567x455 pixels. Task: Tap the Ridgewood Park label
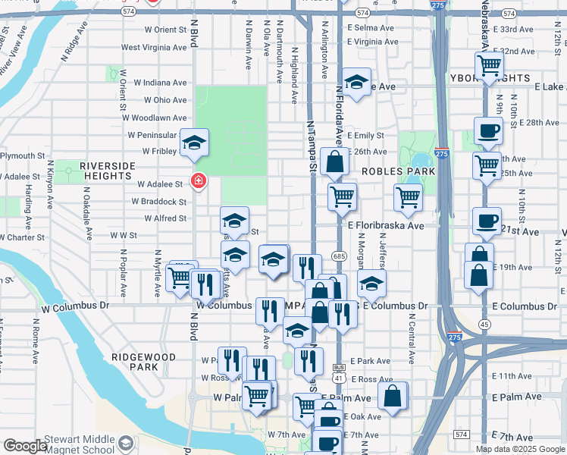point(143,362)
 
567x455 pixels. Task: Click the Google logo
point(25,446)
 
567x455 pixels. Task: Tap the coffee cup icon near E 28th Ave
point(488,130)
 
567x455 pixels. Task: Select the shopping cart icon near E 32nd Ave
point(490,66)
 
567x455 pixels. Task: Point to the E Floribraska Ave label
point(385,226)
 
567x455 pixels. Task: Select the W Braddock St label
point(159,202)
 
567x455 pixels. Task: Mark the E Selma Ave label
point(371,28)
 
